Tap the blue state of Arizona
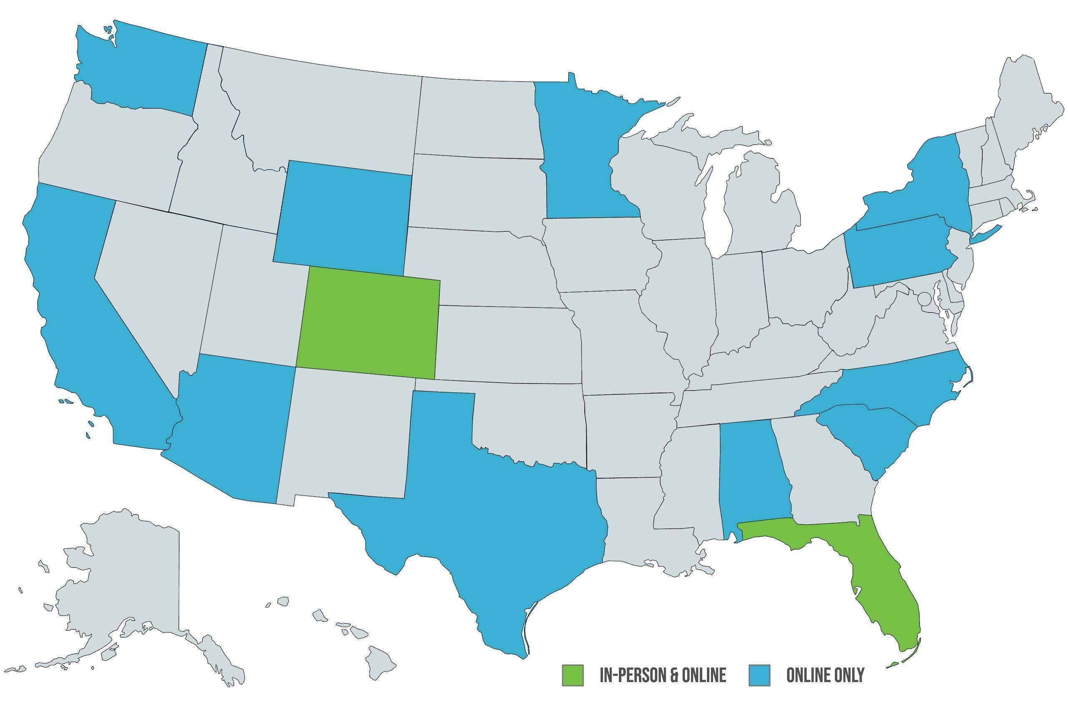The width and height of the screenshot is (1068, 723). coord(230,428)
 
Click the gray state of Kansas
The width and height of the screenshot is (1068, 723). coord(506,343)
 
